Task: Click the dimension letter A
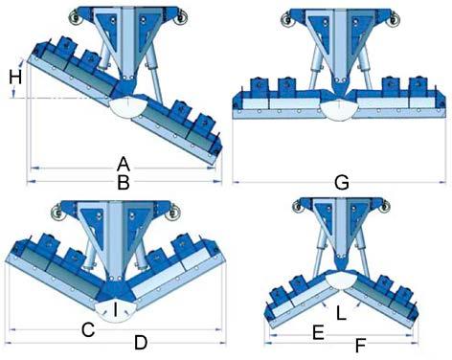tap(124, 165)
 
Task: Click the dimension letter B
tap(124, 183)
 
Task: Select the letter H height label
tap(15, 78)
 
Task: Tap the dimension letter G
tap(342, 183)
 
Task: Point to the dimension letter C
tap(88, 329)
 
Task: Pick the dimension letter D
tap(141, 343)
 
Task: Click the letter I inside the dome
tap(116, 309)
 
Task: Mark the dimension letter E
tap(318, 333)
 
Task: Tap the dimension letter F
tap(360, 346)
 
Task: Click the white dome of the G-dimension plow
tap(338, 110)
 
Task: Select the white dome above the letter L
tap(341, 280)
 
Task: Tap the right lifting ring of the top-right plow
tap(392, 20)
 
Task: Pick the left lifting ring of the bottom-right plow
tap(299, 206)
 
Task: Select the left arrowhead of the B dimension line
tap(30, 182)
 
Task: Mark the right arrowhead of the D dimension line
tap(223, 344)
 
